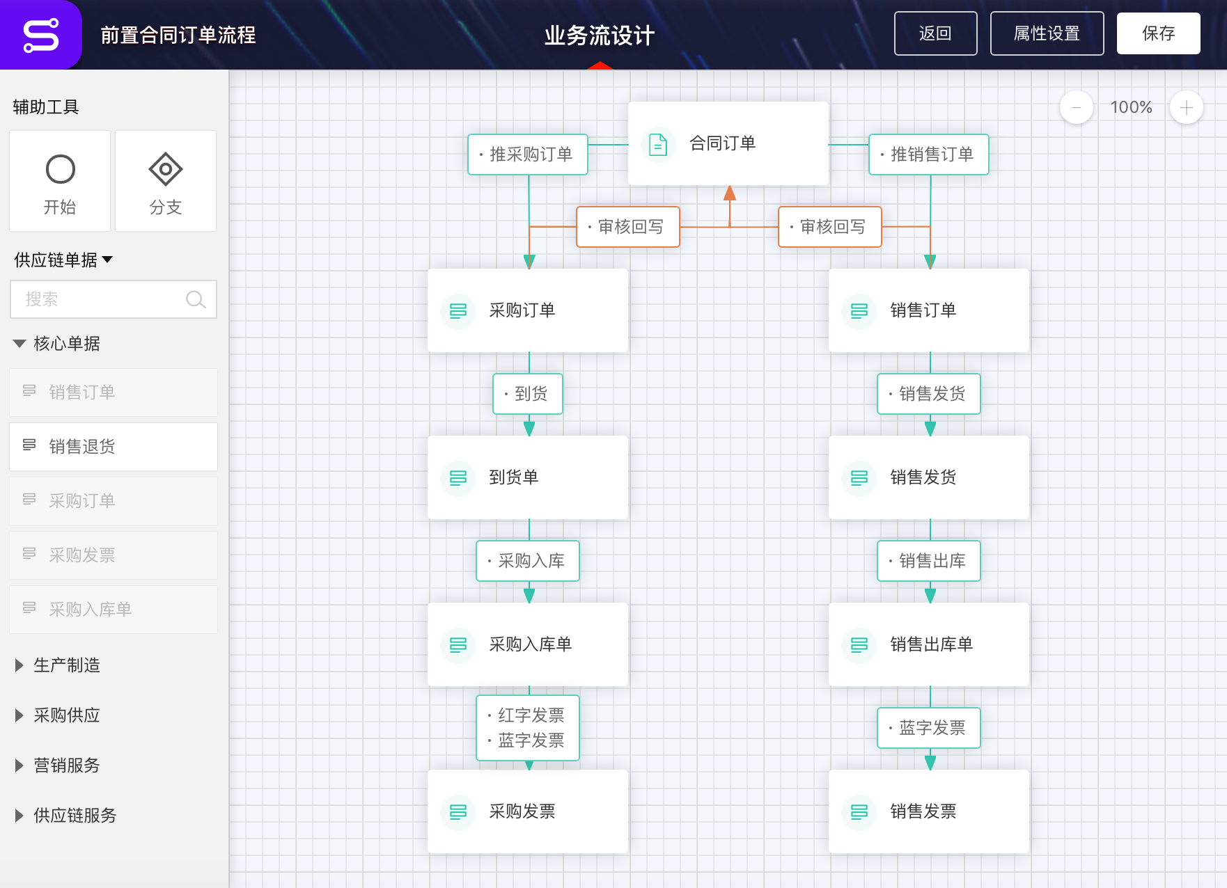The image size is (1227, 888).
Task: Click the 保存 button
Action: tap(1158, 33)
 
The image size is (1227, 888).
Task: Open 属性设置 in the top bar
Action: tap(1047, 33)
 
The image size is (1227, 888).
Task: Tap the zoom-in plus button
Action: tap(1187, 107)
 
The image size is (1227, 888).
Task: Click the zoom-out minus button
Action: tap(1077, 107)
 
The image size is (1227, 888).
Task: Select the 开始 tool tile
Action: tap(60, 181)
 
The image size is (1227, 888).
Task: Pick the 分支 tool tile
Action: tap(166, 181)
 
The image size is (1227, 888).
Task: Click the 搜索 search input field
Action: tap(114, 299)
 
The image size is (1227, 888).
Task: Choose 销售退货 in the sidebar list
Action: tap(114, 447)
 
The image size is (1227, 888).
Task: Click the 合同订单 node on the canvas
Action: tap(728, 143)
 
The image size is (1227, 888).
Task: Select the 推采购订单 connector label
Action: tap(528, 154)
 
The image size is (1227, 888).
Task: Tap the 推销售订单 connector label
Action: tap(929, 154)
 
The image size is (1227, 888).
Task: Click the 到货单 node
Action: tap(528, 477)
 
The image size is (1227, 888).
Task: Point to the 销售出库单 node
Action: tap(929, 644)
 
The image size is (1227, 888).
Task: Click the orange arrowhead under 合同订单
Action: tap(730, 193)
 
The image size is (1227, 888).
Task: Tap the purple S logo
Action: tap(40, 35)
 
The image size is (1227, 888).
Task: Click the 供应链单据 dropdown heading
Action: tap(63, 260)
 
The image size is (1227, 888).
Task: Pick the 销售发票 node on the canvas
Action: tap(929, 811)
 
